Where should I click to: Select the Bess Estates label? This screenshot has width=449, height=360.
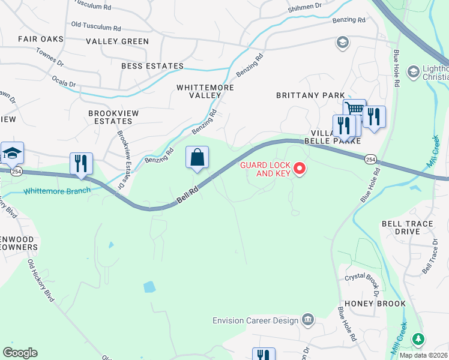(152, 66)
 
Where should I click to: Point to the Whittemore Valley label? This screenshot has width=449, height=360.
(205, 91)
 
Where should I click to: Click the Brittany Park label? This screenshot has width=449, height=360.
(310, 95)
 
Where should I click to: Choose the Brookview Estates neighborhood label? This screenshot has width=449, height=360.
(110, 117)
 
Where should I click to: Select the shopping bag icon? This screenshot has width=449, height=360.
(197, 158)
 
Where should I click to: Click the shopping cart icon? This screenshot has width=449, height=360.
(355, 109)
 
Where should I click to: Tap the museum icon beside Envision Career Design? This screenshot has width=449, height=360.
(308, 319)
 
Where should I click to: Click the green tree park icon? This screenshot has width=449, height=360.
(418, 340)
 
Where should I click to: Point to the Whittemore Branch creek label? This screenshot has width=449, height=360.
(56, 191)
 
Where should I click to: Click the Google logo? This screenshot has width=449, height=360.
(20, 353)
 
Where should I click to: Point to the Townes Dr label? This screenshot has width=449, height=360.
(50, 58)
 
